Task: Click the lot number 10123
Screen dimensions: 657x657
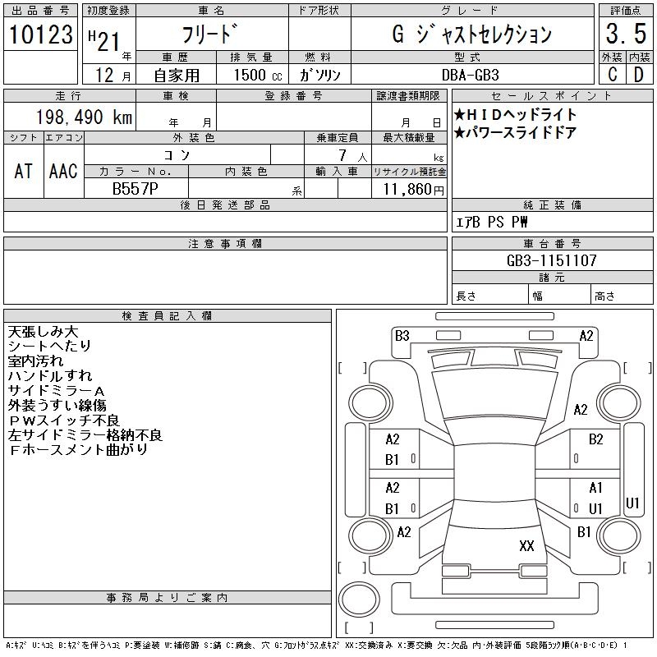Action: [x=41, y=34]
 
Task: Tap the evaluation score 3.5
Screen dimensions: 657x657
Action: [x=624, y=34]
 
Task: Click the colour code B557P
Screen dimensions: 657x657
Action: [x=136, y=189]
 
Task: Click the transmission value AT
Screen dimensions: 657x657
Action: [x=23, y=171]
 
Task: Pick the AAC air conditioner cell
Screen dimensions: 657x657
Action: [x=63, y=171]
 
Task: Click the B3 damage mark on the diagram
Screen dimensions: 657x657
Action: [x=402, y=335]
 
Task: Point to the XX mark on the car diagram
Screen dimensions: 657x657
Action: [x=526, y=545]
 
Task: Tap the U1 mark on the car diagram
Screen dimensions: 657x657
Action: [x=632, y=503]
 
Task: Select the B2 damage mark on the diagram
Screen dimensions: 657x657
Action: [x=596, y=439]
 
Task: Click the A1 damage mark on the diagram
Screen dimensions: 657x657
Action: [x=596, y=488]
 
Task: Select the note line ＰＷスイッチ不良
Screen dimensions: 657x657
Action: [x=64, y=420]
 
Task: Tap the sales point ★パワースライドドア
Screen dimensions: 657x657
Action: [x=515, y=133]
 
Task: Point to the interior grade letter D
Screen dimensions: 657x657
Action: [x=638, y=74]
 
